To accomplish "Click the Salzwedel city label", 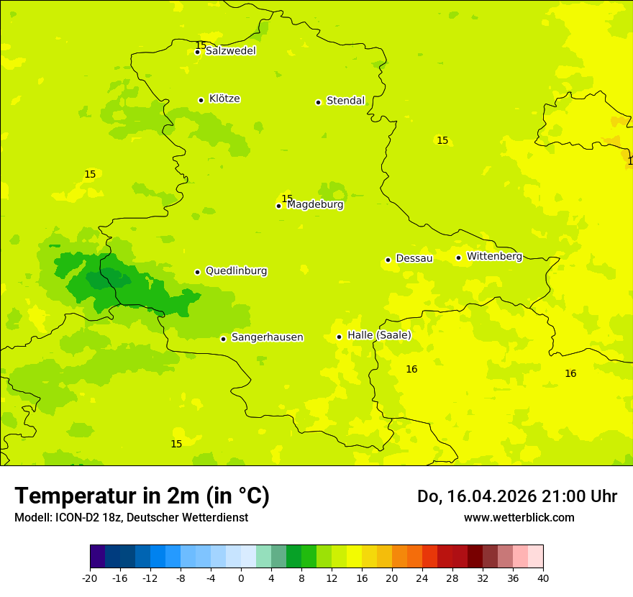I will point(230,51).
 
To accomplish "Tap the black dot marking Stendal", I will point(318,102).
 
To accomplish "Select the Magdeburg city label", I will point(315,205).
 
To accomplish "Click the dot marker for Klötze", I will point(201,100).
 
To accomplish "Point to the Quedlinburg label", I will point(236,271).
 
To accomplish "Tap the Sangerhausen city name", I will point(267,337).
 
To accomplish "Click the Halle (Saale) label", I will point(379,335).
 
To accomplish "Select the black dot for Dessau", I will point(388,260).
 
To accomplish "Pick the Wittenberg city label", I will point(494,256).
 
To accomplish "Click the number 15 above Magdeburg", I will point(287,199).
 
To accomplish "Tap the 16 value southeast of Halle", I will point(411,369).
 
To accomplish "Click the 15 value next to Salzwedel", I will point(201,45).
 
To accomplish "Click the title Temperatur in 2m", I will point(142,496).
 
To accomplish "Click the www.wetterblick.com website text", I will point(519,517).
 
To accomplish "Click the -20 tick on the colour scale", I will point(90,578).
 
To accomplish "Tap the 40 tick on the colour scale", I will point(543,578).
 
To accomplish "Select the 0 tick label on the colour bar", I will point(241,578).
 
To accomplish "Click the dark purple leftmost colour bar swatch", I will point(97,557).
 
